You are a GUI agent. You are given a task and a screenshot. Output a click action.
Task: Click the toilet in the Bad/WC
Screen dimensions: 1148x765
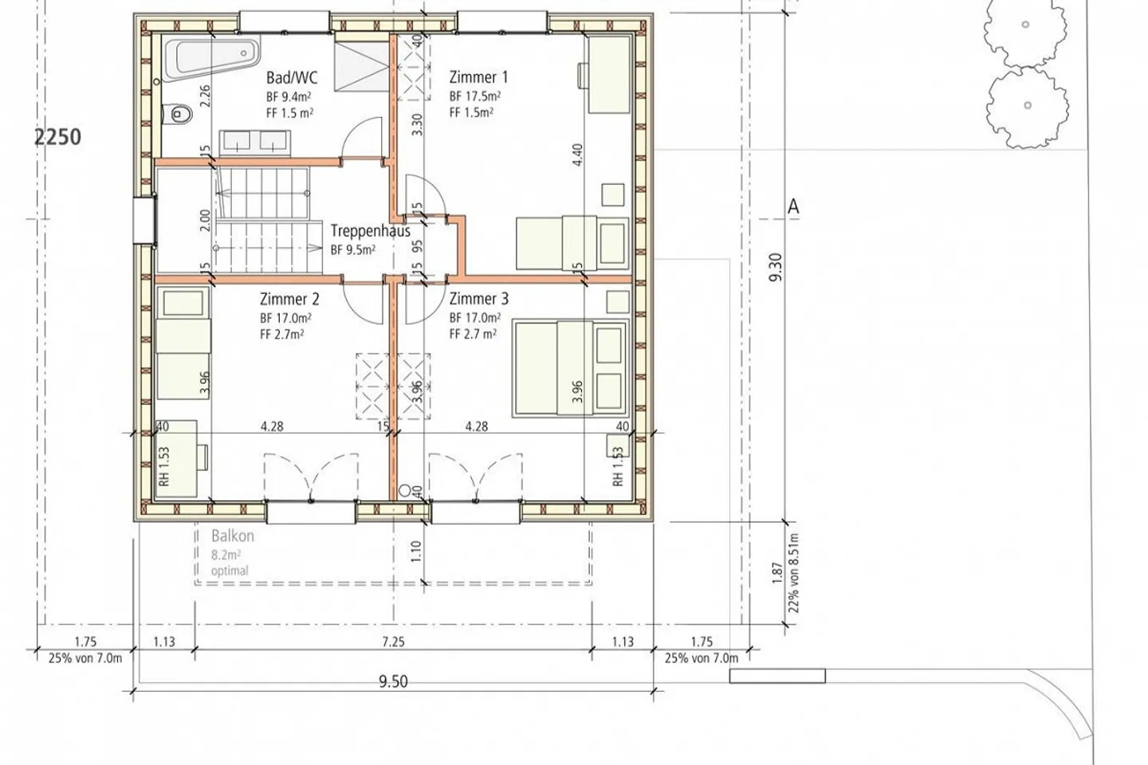pos(177,114)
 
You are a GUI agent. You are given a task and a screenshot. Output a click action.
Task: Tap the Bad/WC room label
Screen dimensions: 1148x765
pos(292,78)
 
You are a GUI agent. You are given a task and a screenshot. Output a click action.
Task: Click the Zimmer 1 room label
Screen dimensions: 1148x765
pos(478,77)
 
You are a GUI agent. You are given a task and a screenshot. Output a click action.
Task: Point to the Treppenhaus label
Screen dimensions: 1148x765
pos(370,231)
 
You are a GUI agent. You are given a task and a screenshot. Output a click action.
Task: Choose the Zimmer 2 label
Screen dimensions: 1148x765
pos(289,299)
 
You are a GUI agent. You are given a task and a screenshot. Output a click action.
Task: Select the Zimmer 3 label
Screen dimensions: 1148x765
pos(479,299)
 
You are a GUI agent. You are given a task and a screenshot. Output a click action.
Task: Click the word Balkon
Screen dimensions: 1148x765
pos(233,536)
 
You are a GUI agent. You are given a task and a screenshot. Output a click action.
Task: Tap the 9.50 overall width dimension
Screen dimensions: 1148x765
pos(393,681)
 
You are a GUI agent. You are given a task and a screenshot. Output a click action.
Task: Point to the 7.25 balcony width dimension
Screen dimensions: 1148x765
pos(393,641)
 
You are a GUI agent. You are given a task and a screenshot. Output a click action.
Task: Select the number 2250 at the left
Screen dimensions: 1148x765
pos(57,137)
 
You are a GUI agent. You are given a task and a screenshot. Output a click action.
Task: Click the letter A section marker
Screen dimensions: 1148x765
pos(793,206)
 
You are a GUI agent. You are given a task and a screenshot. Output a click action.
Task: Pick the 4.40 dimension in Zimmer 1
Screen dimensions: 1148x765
pos(577,155)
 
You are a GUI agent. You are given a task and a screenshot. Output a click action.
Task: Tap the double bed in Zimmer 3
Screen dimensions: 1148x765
pos(571,369)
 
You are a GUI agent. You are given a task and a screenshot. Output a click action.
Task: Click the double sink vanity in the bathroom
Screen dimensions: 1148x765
pos(255,142)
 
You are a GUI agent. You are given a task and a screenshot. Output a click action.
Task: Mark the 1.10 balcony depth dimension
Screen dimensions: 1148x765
pos(415,551)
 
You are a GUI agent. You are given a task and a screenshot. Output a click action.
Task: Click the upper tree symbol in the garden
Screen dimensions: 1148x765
pos(1025,32)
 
